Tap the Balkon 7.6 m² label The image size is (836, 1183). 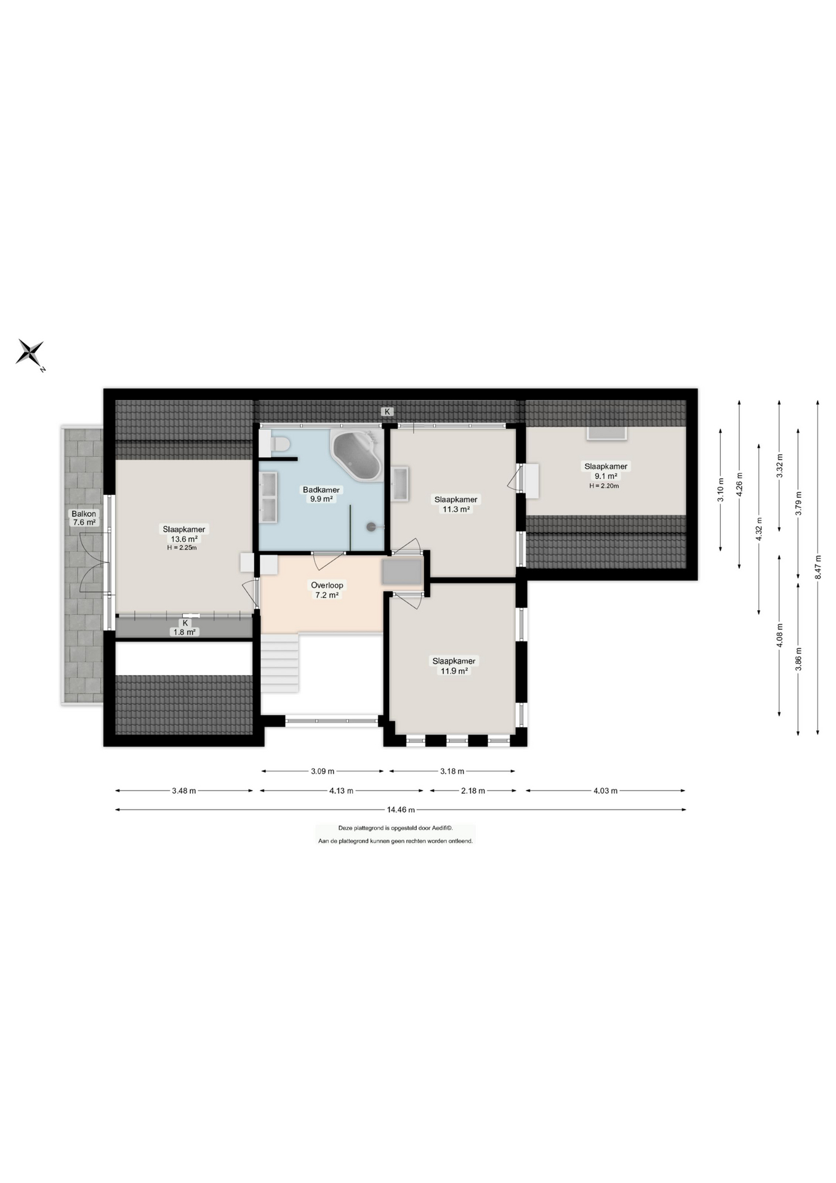pos(84,518)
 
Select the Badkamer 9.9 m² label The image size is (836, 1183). pos(321,494)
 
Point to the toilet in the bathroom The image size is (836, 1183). pos(275,444)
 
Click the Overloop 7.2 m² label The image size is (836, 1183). pos(327,590)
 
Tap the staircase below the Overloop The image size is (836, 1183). pos(280,663)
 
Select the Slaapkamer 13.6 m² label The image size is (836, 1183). pos(184,534)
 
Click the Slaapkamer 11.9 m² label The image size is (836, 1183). pos(454,666)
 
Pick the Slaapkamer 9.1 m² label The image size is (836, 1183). pos(606,471)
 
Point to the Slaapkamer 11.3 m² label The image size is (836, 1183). pos(456,505)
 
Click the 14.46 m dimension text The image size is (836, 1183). pos(401,810)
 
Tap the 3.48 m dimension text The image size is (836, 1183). pos(184,791)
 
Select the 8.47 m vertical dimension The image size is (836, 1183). pos(818,567)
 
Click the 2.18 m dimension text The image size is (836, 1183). pos(473,791)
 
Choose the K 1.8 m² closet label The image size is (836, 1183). pos(185,628)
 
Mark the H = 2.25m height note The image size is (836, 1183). pos(182,548)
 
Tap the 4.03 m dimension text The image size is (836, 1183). pos(605,791)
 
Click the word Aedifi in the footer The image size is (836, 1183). pos(437,828)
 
